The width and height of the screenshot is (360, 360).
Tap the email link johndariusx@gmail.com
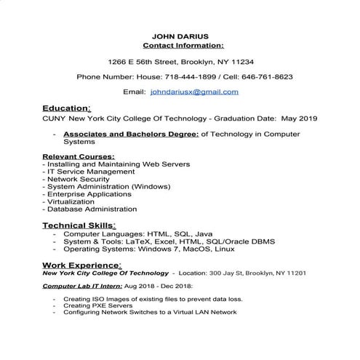[194, 92]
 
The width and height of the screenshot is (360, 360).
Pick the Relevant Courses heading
[78, 156]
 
